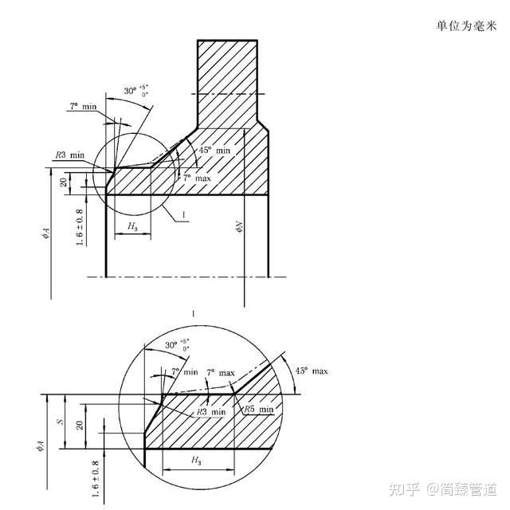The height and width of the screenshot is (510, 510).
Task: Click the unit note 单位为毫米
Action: [x=466, y=25]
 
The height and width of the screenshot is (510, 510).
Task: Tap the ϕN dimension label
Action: [x=238, y=229]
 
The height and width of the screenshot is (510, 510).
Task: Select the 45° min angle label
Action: [x=214, y=150]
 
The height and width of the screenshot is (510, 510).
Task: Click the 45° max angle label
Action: [x=312, y=371]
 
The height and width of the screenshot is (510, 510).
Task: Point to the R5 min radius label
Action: [x=259, y=409]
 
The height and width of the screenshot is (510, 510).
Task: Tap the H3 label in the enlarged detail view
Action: [x=196, y=461]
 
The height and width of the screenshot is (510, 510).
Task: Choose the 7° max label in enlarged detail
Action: [x=221, y=373]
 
